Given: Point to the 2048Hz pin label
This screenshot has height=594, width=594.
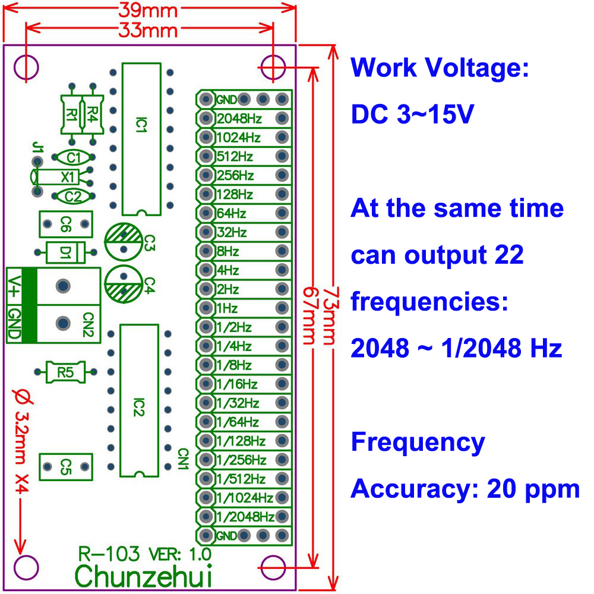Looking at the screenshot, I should pyautogui.click(x=239, y=118).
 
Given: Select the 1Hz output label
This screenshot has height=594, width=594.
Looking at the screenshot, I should pyautogui.click(x=228, y=308).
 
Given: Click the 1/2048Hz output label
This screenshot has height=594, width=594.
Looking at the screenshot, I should pyautogui.click(x=245, y=516).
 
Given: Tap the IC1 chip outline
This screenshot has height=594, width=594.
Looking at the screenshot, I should pyautogui.click(x=141, y=138).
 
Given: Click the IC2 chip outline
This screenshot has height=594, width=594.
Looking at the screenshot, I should pyautogui.click(x=138, y=400).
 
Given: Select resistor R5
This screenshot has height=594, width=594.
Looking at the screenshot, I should pyautogui.click(x=65, y=372).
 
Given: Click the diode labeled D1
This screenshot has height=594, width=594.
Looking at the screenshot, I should pyautogui.click(x=65, y=252).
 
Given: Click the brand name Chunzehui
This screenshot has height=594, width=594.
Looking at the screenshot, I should pyautogui.click(x=144, y=575).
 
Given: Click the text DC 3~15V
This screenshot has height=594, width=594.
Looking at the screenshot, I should pyautogui.click(x=412, y=114).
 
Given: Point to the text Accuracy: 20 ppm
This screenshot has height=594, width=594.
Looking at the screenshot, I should pyautogui.click(x=465, y=489).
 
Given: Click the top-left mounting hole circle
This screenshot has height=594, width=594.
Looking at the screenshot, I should pyautogui.click(x=26, y=68).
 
